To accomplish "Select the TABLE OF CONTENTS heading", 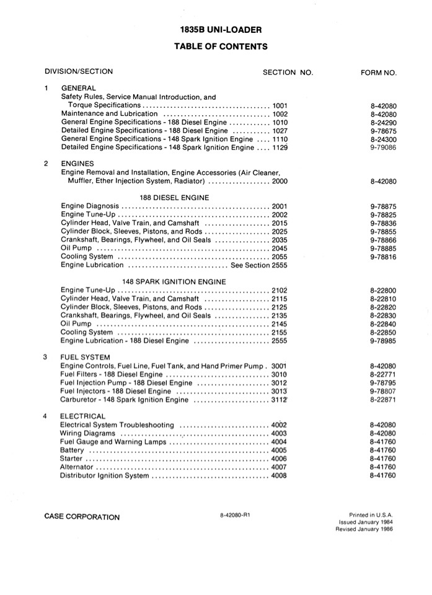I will [221, 46].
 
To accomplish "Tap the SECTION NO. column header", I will [288, 73].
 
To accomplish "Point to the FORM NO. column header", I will [378, 73].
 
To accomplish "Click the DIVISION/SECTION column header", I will [79, 72].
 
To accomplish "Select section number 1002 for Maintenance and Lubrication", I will [280, 114].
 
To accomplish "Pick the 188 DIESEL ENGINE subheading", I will [174, 198].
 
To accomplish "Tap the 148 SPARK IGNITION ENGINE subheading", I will [174, 281].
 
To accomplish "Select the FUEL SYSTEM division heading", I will [86, 358].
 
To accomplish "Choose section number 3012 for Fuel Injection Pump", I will [280, 383].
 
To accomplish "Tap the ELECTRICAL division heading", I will [83, 416].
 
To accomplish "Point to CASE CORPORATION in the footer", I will [82, 517].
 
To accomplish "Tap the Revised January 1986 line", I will [364, 529].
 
